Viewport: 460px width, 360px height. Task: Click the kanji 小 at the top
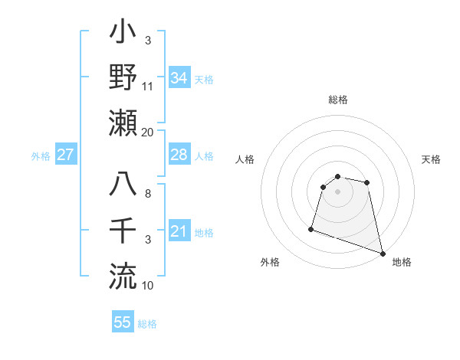[x=123, y=34]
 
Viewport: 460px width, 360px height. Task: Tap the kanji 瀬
[x=123, y=123]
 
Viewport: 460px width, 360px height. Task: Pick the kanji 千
[x=123, y=231]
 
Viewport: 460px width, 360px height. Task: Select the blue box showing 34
[x=179, y=78]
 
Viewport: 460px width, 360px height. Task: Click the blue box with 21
[x=179, y=231]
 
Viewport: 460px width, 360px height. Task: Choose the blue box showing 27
[x=66, y=155]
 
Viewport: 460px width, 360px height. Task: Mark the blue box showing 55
[x=123, y=322]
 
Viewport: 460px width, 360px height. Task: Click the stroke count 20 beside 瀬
[x=147, y=133]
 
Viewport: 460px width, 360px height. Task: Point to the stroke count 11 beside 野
[x=147, y=86]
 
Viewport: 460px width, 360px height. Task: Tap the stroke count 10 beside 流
[x=147, y=286]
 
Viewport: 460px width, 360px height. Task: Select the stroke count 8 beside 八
[x=147, y=193]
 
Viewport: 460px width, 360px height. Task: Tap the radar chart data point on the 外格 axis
[x=311, y=228]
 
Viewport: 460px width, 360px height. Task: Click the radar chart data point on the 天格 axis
[x=367, y=182]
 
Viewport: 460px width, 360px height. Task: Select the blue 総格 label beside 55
[x=147, y=324]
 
